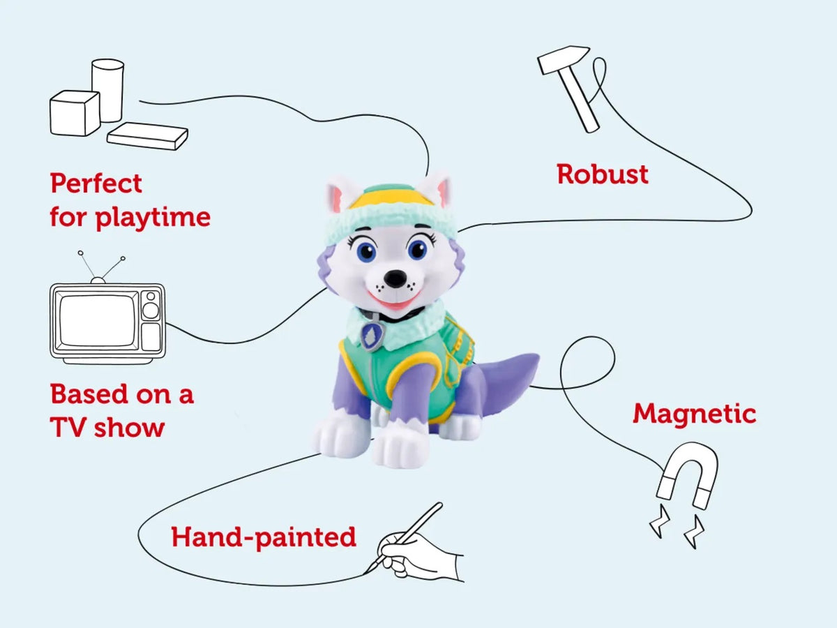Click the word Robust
coord(603,174)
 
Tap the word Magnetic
coord(694,414)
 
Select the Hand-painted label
coord(264,537)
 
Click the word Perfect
coord(96,184)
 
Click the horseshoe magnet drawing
coord(688,474)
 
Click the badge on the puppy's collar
coord(372,336)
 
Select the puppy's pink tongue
coord(394,305)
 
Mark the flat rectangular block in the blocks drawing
coord(147,135)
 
